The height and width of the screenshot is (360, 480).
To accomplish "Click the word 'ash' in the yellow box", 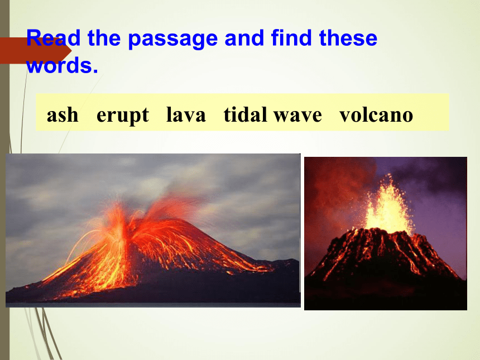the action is point(63,115).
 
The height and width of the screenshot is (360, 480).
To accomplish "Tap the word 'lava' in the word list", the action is point(186,115).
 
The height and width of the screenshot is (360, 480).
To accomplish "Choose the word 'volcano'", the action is point(376,115).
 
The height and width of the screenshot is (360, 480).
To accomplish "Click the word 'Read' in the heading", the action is point(53,38).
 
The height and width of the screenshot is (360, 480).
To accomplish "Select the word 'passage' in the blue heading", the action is point(172,40).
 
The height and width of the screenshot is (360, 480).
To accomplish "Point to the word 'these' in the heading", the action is point(348,38).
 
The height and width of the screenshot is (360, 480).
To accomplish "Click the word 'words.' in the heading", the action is point(62,65).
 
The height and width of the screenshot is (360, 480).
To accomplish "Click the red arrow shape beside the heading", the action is point(36,50).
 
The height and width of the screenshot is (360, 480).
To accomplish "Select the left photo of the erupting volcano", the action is point(153,230).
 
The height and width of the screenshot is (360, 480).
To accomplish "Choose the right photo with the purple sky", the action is point(386,233).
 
